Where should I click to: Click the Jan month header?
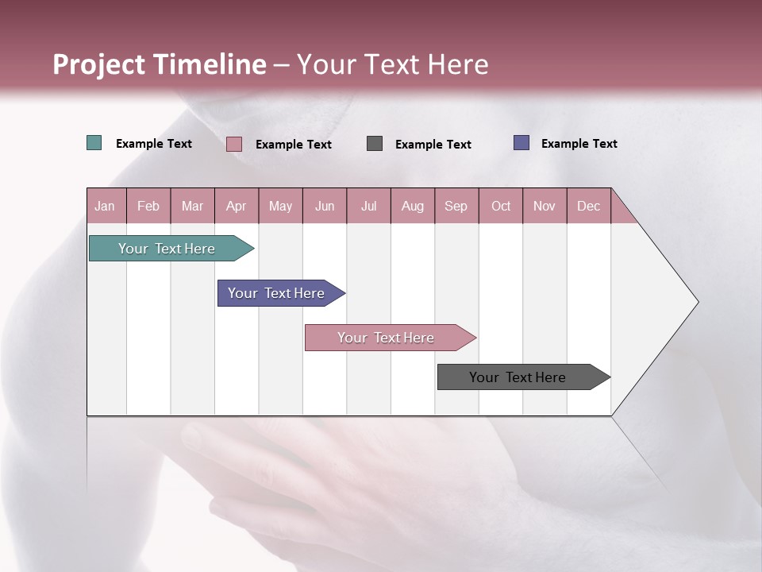click(106, 206)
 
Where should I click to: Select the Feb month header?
click(148, 206)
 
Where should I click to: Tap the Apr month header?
click(237, 206)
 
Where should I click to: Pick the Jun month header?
click(325, 206)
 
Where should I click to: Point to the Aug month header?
click(413, 206)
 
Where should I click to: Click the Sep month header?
click(456, 206)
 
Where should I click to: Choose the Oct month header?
click(501, 206)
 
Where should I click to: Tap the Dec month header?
click(589, 206)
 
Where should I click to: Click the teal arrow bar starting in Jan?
click(167, 249)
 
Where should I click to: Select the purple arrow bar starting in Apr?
click(276, 293)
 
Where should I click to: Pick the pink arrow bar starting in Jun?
click(386, 338)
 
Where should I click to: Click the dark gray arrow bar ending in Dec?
click(518, 377)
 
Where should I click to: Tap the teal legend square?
click(94, 143)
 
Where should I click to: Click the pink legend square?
click(234, 144)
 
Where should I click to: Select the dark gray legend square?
click(375, 143)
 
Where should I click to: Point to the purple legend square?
click(521, 143)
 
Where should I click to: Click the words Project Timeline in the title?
click(159, 64)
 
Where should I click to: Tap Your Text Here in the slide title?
click(392, 64)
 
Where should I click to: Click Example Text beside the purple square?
click(579, 144)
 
